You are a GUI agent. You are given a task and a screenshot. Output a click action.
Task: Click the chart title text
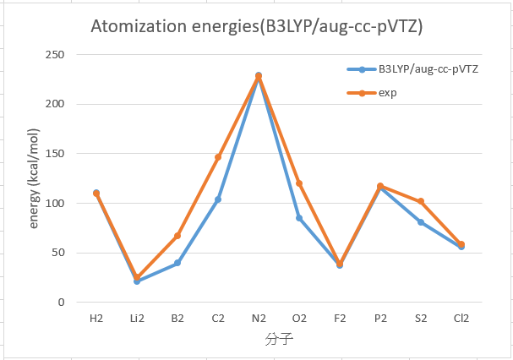(x=257, y=26)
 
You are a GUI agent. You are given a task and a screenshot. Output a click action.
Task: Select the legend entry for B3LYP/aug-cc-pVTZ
(x=412, y=69)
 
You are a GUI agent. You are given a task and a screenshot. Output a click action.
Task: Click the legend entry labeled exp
(x=372, y=93)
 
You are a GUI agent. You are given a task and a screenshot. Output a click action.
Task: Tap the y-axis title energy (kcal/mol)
(x=34, y=178)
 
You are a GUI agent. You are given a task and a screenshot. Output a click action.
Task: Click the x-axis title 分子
(x=279, y=340)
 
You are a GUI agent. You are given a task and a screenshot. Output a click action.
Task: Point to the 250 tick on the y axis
(x=55, y=55)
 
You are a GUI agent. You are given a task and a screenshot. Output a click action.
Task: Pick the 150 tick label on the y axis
(x=55, y=154)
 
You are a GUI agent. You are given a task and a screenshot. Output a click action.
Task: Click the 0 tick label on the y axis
(x=61, y=302)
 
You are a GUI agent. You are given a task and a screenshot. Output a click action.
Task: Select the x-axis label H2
(x=96, y=318)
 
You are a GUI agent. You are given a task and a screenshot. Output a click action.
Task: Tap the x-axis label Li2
(x=137, y=318)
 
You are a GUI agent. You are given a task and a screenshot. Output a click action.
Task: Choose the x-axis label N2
(x=259, y=318)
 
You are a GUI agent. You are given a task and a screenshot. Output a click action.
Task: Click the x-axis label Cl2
(x=461, y=318)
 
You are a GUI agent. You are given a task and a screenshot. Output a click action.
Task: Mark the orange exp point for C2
(x=218, y=157)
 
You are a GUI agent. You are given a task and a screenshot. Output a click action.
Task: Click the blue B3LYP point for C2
(x=218, y=199)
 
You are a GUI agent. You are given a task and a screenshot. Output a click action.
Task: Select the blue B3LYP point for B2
(x=177, y=263)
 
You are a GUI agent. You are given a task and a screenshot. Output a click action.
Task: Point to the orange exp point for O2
(x=299, y=183)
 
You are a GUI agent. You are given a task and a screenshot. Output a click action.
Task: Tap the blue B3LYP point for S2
(x=421, y=222)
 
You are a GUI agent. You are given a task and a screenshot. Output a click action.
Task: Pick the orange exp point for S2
(x=421, y=201)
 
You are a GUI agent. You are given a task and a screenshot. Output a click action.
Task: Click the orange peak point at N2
(x=259, y=77)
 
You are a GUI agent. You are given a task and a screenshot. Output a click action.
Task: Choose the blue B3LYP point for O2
(x=299, y=218)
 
